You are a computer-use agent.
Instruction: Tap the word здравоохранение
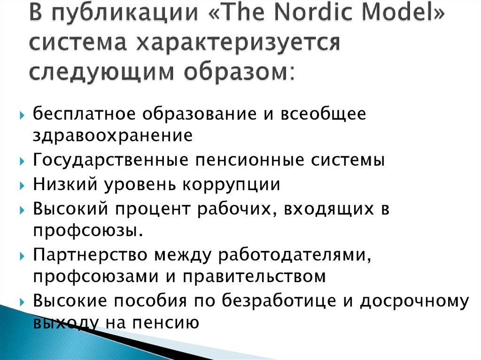click(x=113, y=136)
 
